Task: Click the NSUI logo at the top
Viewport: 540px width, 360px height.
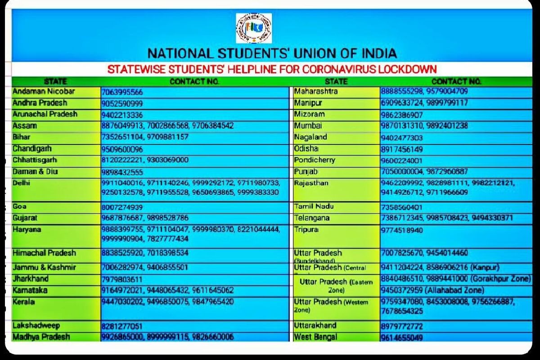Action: (x=254, y=28)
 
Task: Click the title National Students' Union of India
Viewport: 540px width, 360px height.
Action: (x=272, y=54)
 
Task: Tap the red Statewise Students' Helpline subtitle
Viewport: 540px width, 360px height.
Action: (x=272, y=69)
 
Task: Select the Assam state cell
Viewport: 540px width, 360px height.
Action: (x=25, y=126)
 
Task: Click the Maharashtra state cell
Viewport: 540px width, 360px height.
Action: (x=315, y=91)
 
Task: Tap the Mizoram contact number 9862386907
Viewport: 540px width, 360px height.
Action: (x=402, y=115)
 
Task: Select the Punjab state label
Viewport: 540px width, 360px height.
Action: (x=306, y=171)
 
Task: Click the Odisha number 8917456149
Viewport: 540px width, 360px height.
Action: (x=402, y=149)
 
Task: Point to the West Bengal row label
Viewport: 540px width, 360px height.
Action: (x=315, y=337)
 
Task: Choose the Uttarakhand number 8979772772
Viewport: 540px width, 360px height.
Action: (x=402, y=326)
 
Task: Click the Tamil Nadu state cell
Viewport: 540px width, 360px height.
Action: (x=314, y=207)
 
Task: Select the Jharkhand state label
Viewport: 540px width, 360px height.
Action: (x=31, y=279)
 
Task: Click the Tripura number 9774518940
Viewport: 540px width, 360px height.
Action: (x=402, y=230)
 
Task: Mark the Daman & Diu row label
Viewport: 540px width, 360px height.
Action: (x=35, y=171)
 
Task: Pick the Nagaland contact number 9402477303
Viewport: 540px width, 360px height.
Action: (x=402, y=138)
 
